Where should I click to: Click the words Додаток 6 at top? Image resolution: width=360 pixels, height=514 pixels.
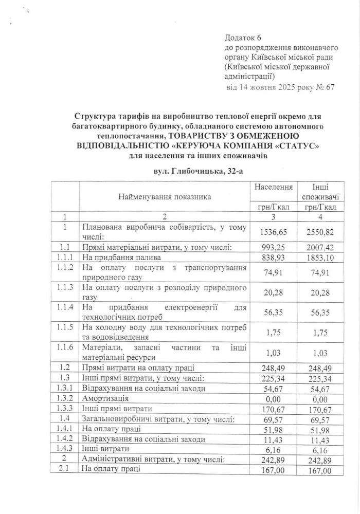(243, 39)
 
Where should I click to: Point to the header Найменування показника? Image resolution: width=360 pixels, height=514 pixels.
(165, 197)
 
